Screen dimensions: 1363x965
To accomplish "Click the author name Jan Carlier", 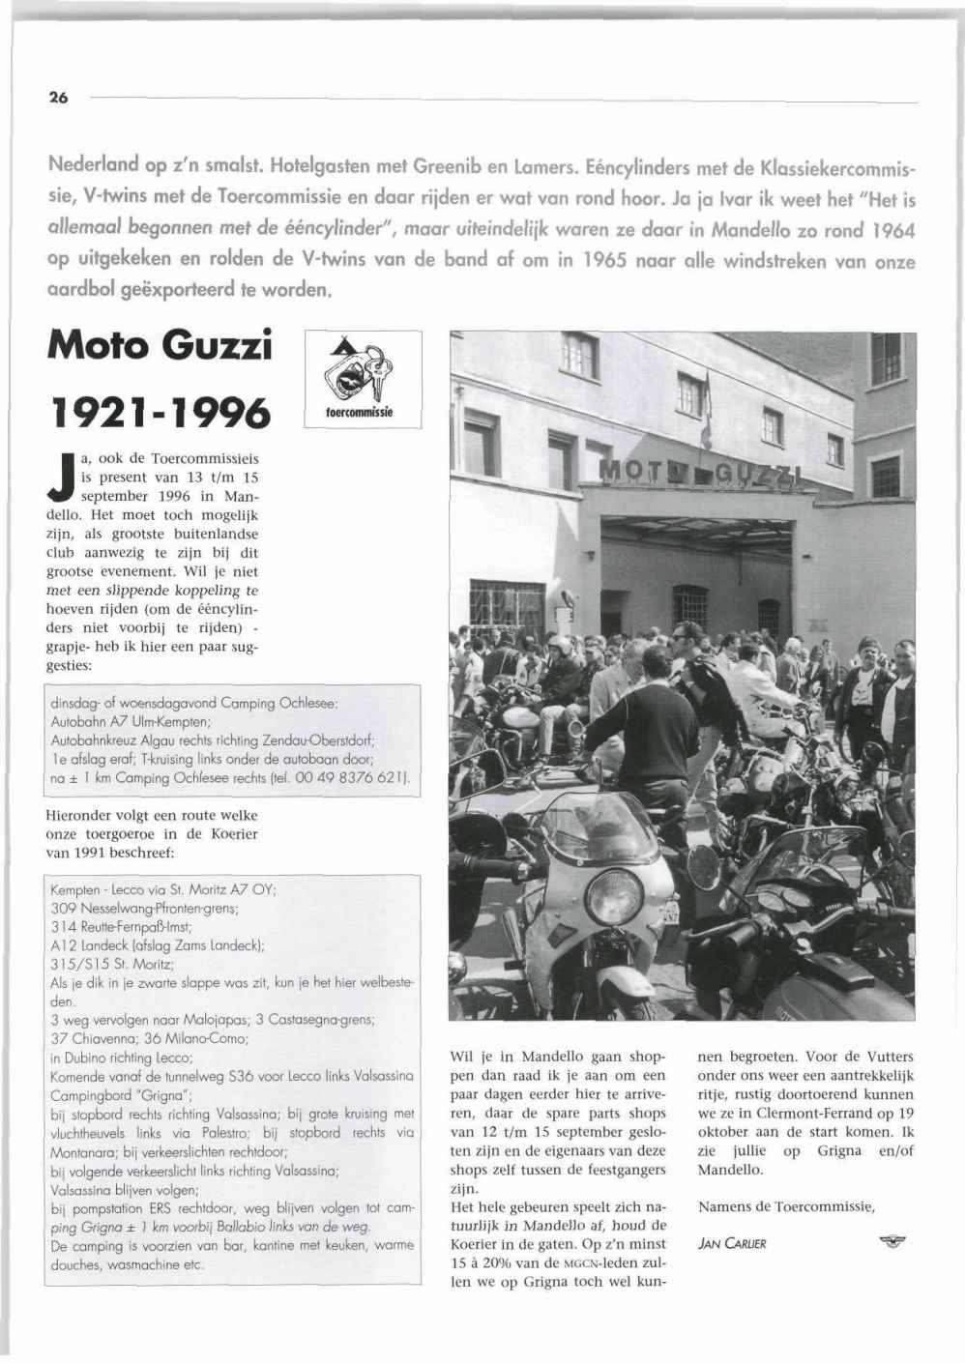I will [x=732, y=1243].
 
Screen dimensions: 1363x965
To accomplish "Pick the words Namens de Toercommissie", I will [x=785, y=1206].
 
